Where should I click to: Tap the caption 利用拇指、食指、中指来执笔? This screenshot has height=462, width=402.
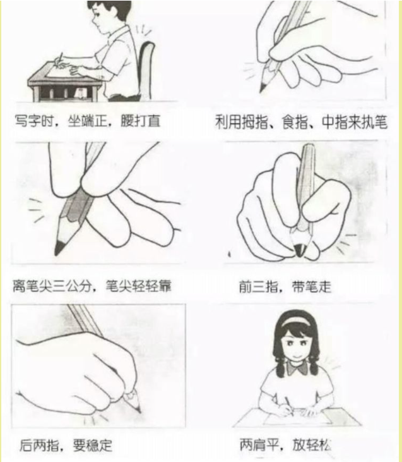point(300,121)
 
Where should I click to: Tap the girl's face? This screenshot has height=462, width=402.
point(295,341)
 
